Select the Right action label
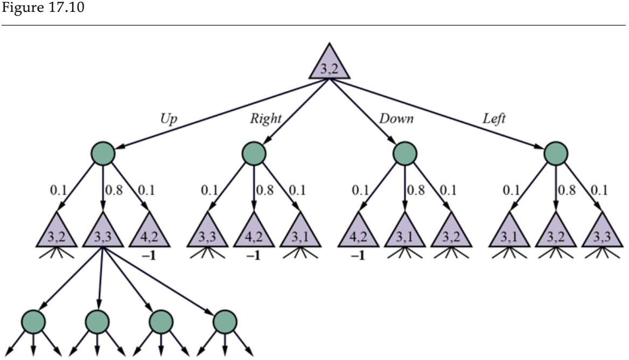pos(265,119)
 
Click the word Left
pos(493,119)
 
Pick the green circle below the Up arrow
pos(102,154)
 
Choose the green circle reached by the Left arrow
pos(555,154)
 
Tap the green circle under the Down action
pos(404,154)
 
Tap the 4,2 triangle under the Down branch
pos(359,231)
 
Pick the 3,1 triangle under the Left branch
pos(510,231)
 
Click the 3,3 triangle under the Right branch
pos(208,231)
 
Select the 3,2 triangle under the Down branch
pos(449,231)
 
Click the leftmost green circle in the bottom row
pos(33,322)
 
